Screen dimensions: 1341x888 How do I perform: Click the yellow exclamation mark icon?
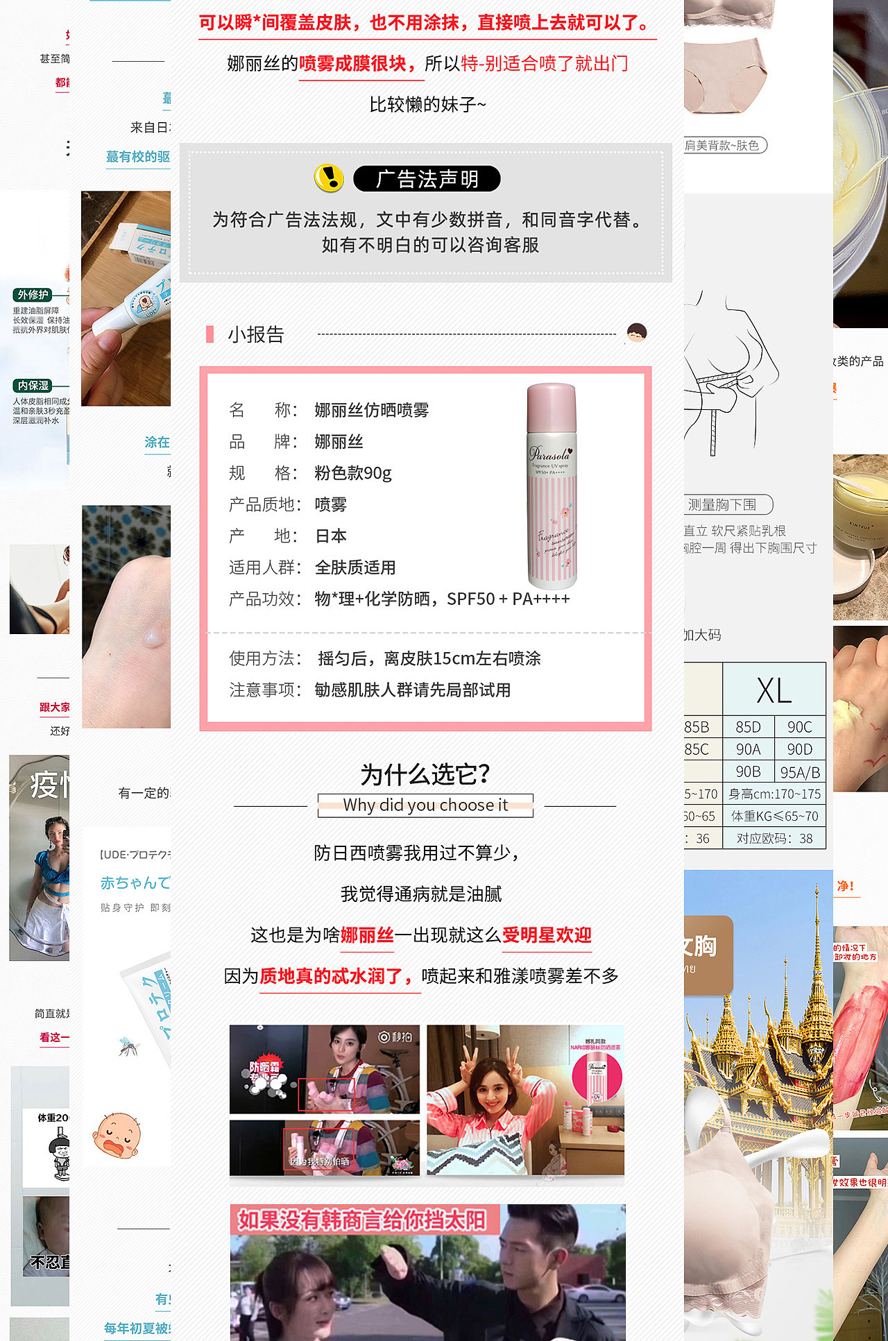(x=329, y=178)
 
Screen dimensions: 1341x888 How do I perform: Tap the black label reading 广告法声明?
(x=427, y=179)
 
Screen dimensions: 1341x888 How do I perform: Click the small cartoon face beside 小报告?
(x=636, y=333)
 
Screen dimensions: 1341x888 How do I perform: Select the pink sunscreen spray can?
(x=552, y=486)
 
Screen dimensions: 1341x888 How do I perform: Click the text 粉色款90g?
(x=353, y=473)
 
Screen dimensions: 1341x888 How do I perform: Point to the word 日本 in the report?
(x=331, y=536)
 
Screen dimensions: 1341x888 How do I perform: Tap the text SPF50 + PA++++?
(x=508, y=599)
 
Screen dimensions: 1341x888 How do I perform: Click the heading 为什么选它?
(x=425, y=774)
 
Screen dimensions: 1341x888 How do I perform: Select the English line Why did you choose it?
(x=425, y=805)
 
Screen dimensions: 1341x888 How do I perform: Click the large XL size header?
(x=774, y=691)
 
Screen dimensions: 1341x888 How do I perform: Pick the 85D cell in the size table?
(x=748, y=727)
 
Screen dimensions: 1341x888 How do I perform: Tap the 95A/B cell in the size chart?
(x=800, y=772)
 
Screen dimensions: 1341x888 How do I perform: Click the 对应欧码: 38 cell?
(x=774, y=838)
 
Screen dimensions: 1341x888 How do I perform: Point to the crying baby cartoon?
(x=117, y=1135)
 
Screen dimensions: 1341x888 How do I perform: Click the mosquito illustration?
(x=129, y=1046)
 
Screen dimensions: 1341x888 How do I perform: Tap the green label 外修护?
(x=33, y=295)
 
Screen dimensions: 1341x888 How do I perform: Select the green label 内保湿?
(x=33, y=386)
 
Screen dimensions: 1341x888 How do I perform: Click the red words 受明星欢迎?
(x=547, y=935)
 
